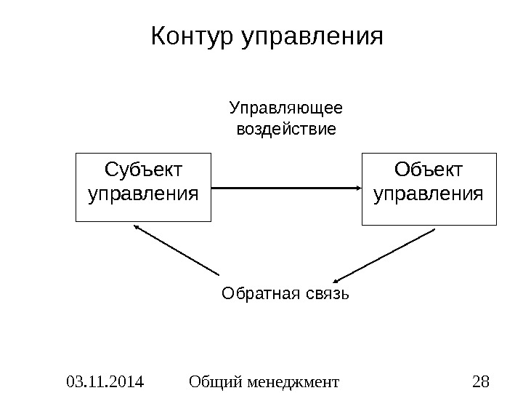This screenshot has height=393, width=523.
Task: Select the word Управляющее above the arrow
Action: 286,110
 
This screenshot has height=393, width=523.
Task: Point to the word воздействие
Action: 287,130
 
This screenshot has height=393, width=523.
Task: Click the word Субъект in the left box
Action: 144,171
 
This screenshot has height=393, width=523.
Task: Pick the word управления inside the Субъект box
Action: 144,195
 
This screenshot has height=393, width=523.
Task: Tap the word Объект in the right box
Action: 429,171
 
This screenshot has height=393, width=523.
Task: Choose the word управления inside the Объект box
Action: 429,195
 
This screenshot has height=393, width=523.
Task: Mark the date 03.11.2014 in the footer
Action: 104,380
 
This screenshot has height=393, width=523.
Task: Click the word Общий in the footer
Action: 212,380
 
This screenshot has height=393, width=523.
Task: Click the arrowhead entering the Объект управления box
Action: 357,188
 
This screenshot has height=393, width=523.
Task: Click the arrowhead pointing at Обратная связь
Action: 338,279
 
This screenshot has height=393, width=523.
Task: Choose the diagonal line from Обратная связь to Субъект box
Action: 178,250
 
